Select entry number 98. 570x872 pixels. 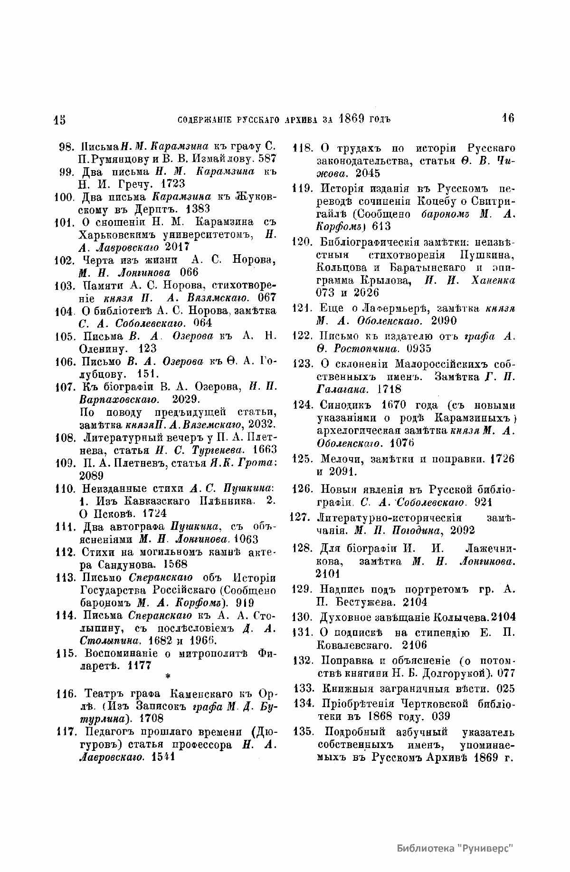point(65,146)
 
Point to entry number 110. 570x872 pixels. point(65,488)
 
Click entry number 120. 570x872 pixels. point(301,242)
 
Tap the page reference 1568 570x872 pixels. point(175,565)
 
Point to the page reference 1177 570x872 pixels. point(139,665)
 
